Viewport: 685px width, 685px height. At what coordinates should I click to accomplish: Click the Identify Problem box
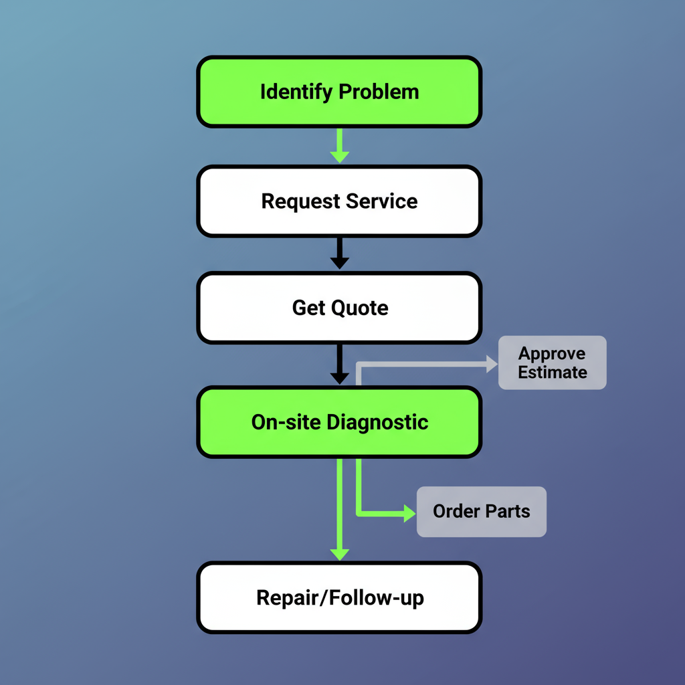[339, 92]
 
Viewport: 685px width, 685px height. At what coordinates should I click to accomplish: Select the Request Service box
[339, 201]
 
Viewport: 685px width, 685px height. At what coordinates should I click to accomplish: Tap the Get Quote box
[339, 308]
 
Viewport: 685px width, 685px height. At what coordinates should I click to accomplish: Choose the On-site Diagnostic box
[339, 422]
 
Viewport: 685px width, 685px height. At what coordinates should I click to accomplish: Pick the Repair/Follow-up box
[339, 597]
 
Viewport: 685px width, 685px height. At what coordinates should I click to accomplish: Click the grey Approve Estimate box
[552, 363]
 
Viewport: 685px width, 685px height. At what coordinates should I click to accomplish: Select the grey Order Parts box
[481, 512]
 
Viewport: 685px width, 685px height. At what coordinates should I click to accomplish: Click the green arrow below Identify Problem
[339, 146]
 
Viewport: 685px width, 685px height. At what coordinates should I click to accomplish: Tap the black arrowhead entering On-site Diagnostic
[339, 377]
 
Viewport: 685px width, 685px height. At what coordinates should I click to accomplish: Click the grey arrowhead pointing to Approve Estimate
[492, 364]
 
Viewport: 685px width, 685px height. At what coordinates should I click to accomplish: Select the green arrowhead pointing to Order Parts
[409, 514]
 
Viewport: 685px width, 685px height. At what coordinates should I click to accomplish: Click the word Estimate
[552, 372]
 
